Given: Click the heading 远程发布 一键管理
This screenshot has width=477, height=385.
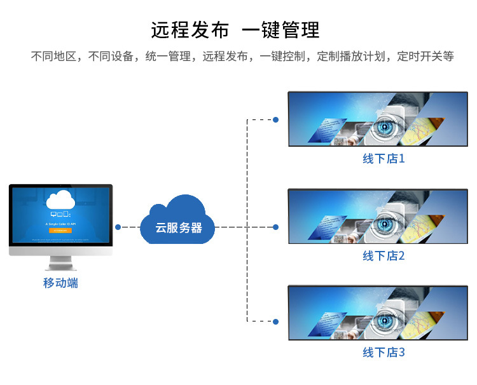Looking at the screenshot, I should point(235,29).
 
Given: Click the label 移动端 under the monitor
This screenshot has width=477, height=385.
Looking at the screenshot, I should point(60,283).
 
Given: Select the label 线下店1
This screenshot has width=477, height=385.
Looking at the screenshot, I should point(384,159).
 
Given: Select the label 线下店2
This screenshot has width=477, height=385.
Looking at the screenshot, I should point(384,256).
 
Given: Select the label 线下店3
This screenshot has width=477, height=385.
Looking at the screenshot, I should point(384,353).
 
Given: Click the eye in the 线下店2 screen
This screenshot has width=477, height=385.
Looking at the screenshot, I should point(384,223).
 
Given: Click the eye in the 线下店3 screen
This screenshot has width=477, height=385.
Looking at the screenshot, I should point(384,320).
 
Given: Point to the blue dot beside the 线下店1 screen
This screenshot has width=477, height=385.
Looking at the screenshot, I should point(275,119).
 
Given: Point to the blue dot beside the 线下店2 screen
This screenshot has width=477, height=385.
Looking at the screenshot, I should point(275,226).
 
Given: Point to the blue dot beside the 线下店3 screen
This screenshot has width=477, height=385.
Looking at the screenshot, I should point(275,321).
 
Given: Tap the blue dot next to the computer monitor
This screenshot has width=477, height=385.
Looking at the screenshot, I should point(118,226).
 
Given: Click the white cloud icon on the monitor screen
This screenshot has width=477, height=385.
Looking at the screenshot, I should point(61,199).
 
